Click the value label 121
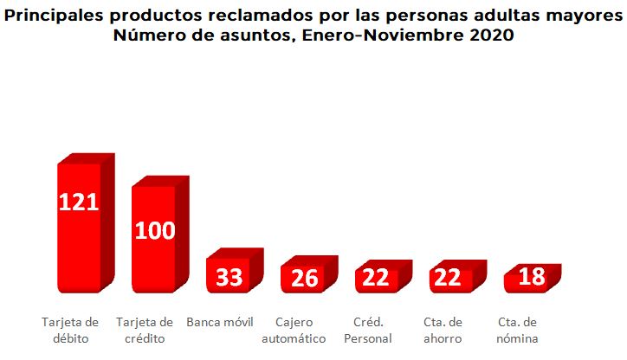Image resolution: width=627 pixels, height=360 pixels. tap(79, 202)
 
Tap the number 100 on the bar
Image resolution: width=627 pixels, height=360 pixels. tap(154, 230)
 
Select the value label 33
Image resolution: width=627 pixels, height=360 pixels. tap(229, 278)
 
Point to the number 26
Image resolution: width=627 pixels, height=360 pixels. tap(303, 279)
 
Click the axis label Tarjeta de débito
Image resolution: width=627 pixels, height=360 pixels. tap(70, 331)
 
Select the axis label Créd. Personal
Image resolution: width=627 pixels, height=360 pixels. tap(369, 331)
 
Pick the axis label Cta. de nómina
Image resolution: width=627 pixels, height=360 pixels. tap(518, 331)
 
